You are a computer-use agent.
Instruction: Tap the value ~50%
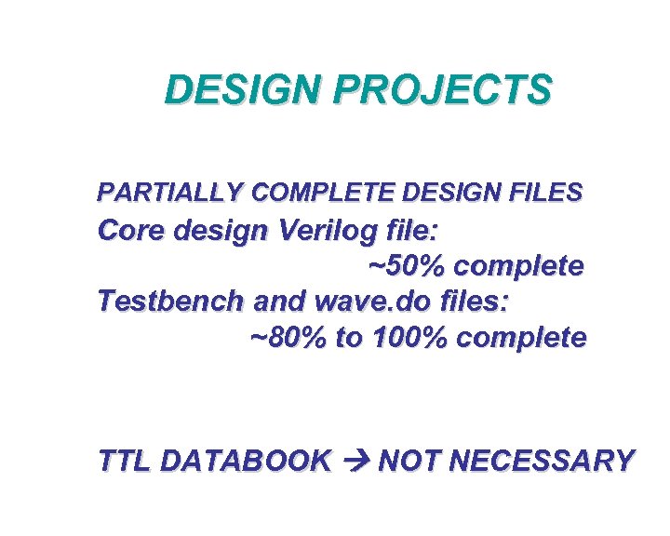point(407,265)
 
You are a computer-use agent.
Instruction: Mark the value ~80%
point(289,337)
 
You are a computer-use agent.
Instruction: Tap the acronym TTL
point(126,461)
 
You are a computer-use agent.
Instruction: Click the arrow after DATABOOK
point(355,461)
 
